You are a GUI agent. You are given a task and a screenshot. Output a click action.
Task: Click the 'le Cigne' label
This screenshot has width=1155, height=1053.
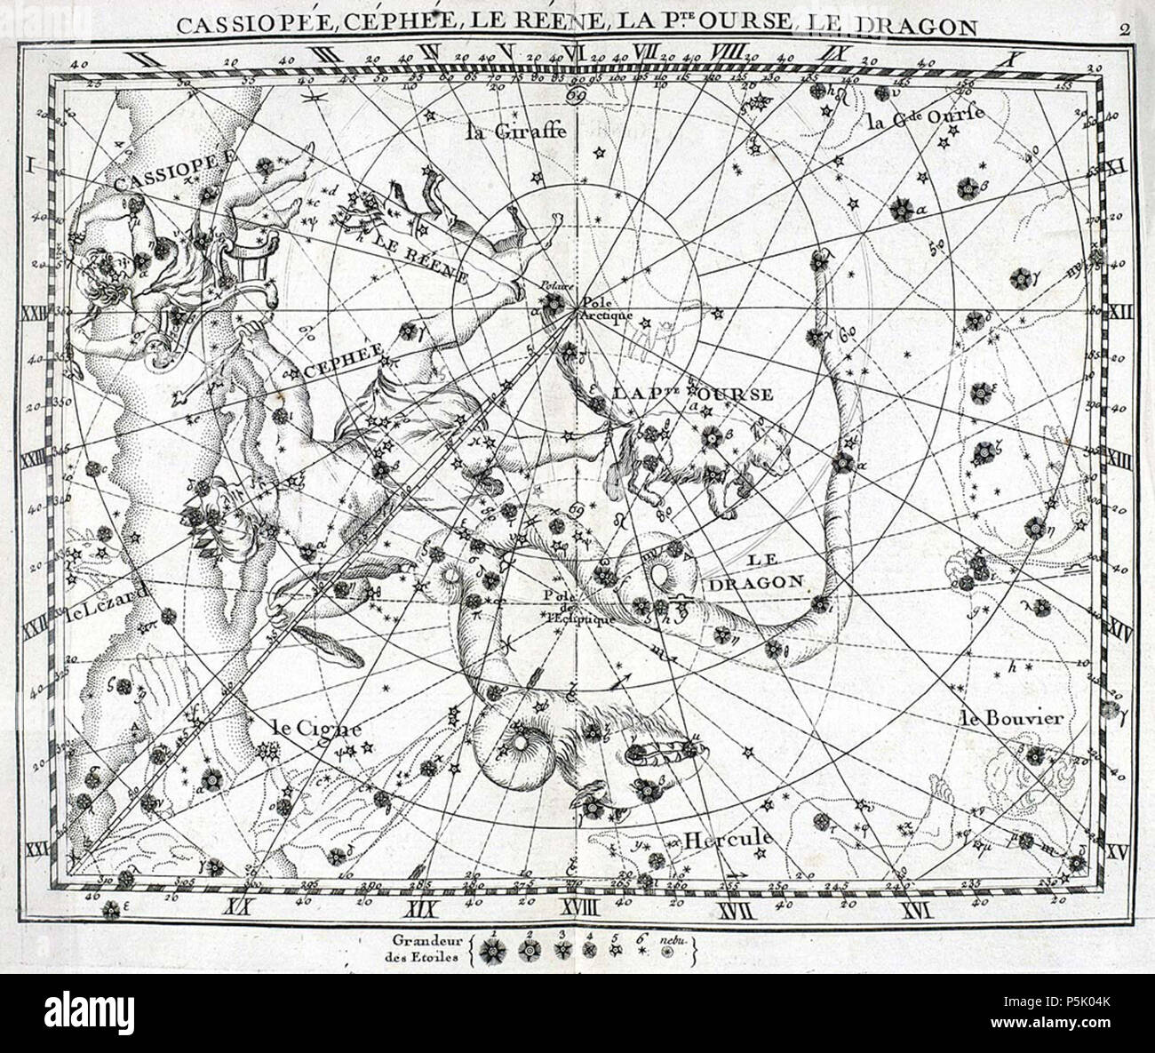click(x=305, y=727)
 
